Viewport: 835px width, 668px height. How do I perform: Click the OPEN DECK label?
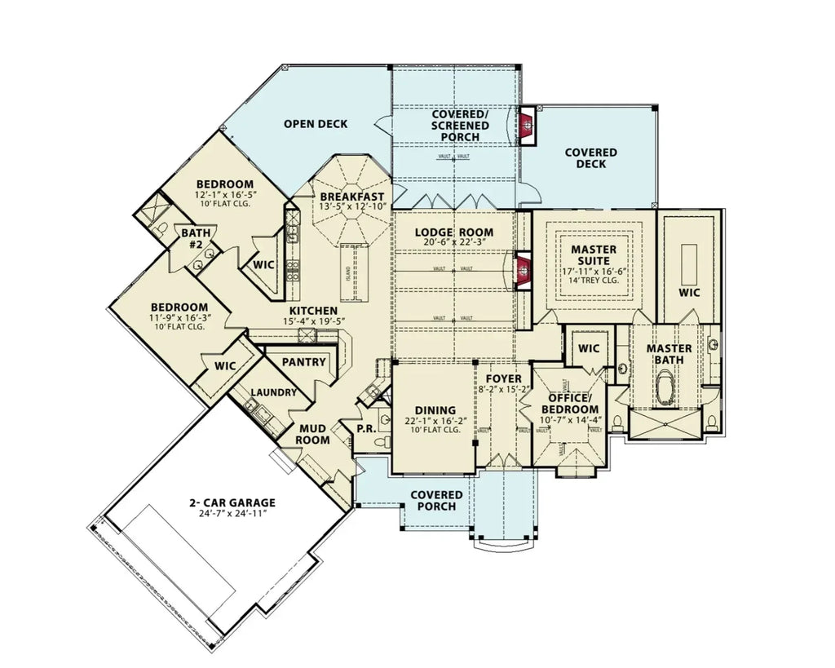pyautogui.click(x=316, y=124)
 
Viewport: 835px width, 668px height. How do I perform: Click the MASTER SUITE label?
pyautogui.click(x=594, y=254)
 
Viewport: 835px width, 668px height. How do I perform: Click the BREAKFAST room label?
pyautogui.click(x=352, y=197)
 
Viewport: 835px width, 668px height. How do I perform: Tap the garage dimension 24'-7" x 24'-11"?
pyautogui.click(x=231, y=514)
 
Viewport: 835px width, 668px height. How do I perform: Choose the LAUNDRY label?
pyautogui.click(x=274, y=392)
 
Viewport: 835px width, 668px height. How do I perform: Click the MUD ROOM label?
pyautogui.click(x=313, y=434)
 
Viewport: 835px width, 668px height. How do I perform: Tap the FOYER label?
pyautogui.click(x=503, y=378)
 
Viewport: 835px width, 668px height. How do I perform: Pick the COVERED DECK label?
pyautogui.click(x=590, y=158)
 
